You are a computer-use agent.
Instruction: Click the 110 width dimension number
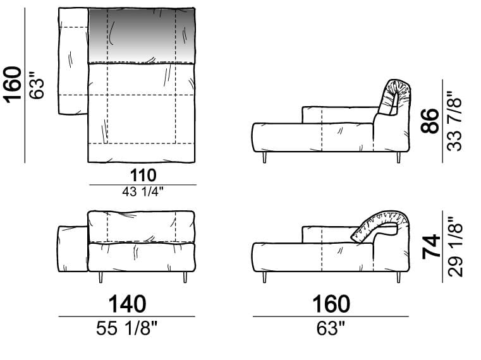click(143, 176)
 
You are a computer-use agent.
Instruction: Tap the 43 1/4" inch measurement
click(143, 192)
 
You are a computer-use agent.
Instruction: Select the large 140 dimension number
click(127, 304)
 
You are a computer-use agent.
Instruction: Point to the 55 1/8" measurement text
click(126, 328)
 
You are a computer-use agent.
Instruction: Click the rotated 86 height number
click(430, 121)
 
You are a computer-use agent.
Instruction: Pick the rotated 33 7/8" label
click(454, 121)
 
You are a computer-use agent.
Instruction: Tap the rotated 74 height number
click(431, 247)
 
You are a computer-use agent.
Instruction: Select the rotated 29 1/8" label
click(455, 247)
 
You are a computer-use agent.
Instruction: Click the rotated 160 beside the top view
click(13, 85)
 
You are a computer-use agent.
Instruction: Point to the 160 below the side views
click(331, 304)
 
